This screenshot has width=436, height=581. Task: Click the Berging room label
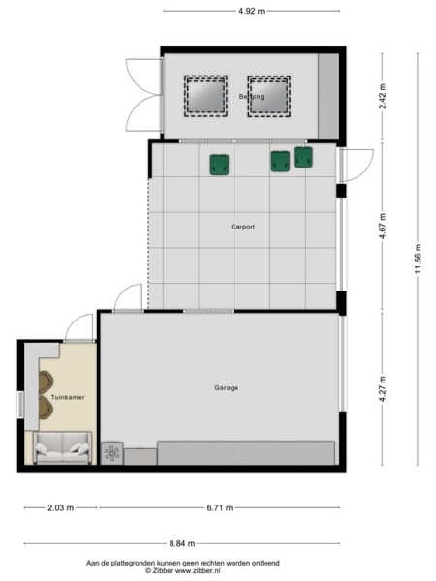(x=251, y=96)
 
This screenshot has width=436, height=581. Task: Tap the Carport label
(x=242, y=227)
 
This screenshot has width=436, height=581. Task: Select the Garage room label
(x=226, y=388)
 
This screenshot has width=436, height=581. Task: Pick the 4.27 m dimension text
(x=384, y=388)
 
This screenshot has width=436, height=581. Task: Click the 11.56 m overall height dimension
(x=418, y=259)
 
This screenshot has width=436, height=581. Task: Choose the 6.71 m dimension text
(x=221, y=506)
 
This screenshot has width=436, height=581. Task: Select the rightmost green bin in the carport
(x=304, y=157)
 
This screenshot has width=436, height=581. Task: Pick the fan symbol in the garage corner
(x=113, y=452)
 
